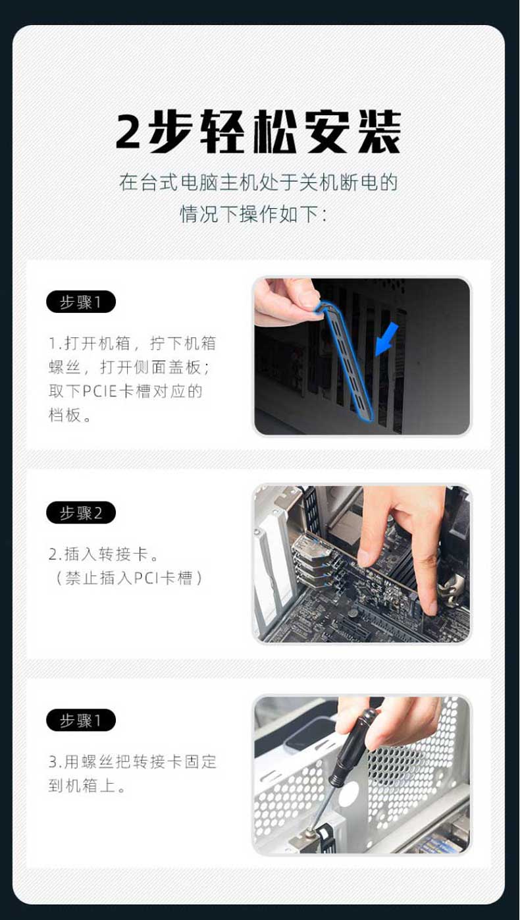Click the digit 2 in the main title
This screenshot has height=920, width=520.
coord(128,132)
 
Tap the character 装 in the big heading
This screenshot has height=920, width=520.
coord(379,132)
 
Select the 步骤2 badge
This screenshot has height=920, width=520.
coord(81,512)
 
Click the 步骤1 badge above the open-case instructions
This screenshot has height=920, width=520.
coord(81,302)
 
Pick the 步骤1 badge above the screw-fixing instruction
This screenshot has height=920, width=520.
coord(81,720)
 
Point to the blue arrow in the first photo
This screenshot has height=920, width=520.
coord(386,339)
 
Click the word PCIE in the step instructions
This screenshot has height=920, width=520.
coord(100,391)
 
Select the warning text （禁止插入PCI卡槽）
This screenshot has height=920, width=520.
coord(128,578)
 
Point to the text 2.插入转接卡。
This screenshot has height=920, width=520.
coord(103,554)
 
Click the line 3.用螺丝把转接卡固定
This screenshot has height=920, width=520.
coord(132,762)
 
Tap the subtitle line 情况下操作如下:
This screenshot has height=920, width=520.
coord(253,214)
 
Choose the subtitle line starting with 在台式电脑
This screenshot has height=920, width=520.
coord(259,182)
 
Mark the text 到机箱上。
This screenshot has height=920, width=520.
coord(87,786)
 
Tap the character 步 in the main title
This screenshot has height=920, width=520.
coord(170,132)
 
